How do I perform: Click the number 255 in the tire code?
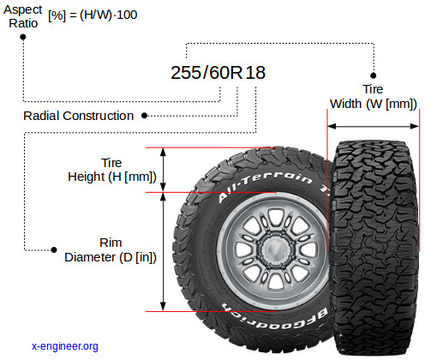click(x=186, y=73)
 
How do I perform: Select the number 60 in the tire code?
click(x=219, y=73)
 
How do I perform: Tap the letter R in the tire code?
click(x=236, y=73)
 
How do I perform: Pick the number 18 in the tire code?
click(x=255, y=73)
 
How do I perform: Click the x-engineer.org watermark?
click(x=65, y=346)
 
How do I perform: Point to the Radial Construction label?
click(x=79, y=116)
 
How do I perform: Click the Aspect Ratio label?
click(x=23, y=16)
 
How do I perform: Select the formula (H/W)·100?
click(x=109, y=15)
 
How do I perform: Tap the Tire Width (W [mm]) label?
click(x=374, y=96)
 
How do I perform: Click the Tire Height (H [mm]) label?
click(x=112, y=170)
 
